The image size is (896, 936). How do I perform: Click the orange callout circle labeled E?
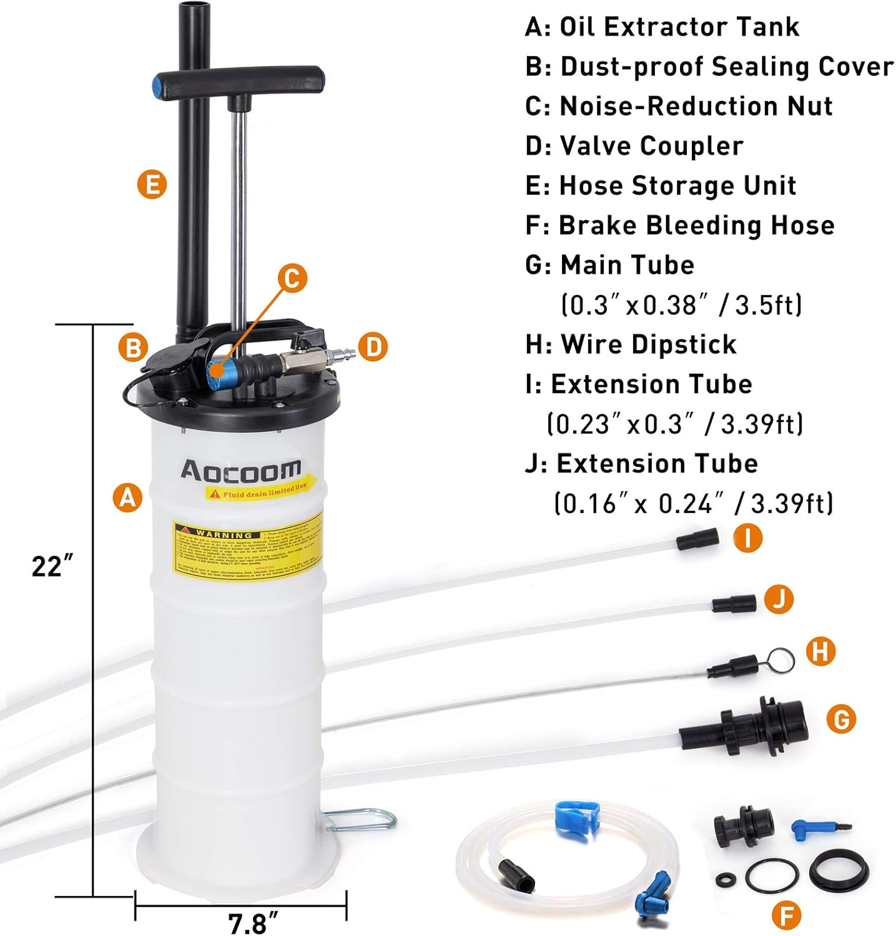(152, 185)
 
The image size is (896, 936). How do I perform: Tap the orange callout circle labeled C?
(292, 278)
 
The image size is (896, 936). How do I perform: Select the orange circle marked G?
(840, 719)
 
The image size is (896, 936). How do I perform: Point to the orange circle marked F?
(786, 915)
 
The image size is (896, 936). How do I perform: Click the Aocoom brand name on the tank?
(240, 470)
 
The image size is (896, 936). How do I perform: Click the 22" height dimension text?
(52, 567)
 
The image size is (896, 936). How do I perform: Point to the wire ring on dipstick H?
(780, 660)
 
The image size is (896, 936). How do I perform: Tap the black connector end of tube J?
(734, 603)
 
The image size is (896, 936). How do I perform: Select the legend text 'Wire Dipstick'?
(648, 344)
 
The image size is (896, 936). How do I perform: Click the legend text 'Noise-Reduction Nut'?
(696, 106)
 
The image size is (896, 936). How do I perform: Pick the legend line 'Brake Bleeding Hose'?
(696, 225)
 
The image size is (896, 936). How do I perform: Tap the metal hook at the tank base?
(362, 819)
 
